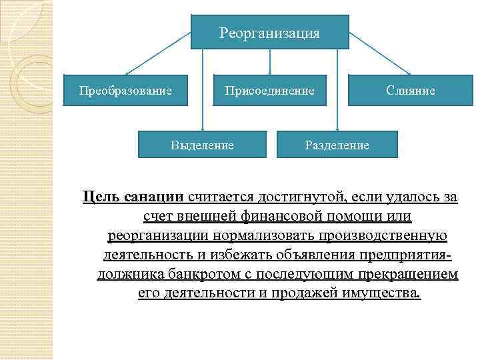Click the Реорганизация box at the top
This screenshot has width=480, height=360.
tap(269, 32)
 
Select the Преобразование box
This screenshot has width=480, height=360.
tap(125, 89)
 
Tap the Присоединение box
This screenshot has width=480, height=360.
tap(269, 89)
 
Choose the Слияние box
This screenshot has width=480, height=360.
tap(410, 89)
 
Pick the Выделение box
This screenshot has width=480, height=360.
tap(202, 145)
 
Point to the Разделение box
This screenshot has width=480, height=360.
tap(337, 145)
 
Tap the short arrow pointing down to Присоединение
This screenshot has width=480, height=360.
tap(269, 61)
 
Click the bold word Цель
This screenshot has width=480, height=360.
tap(99, 197)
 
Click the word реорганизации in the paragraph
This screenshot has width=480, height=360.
tap(158, 236)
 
